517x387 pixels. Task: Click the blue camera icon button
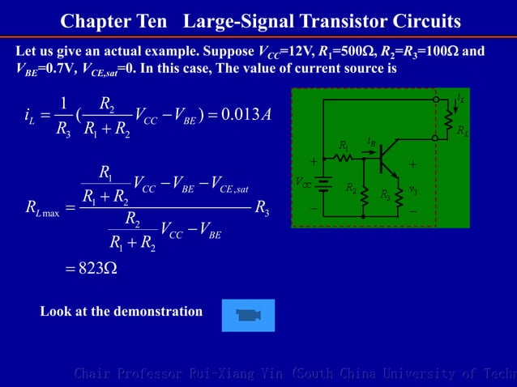(x=248, y=315)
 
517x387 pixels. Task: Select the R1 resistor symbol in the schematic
(x=344, y=157)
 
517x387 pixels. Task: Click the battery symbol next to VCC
(x=323, y=185)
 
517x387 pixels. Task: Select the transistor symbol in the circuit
(x=391, y=158)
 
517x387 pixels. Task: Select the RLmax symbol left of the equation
(x=40, y=212)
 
